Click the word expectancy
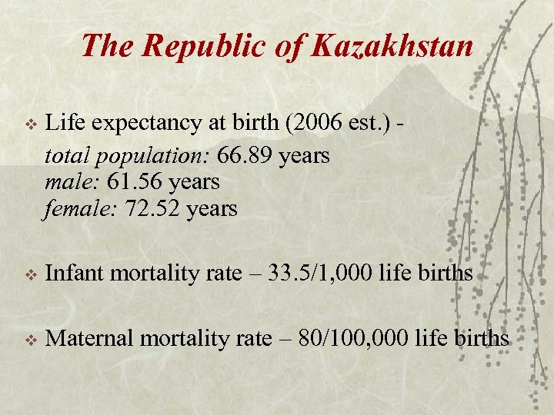148,123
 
